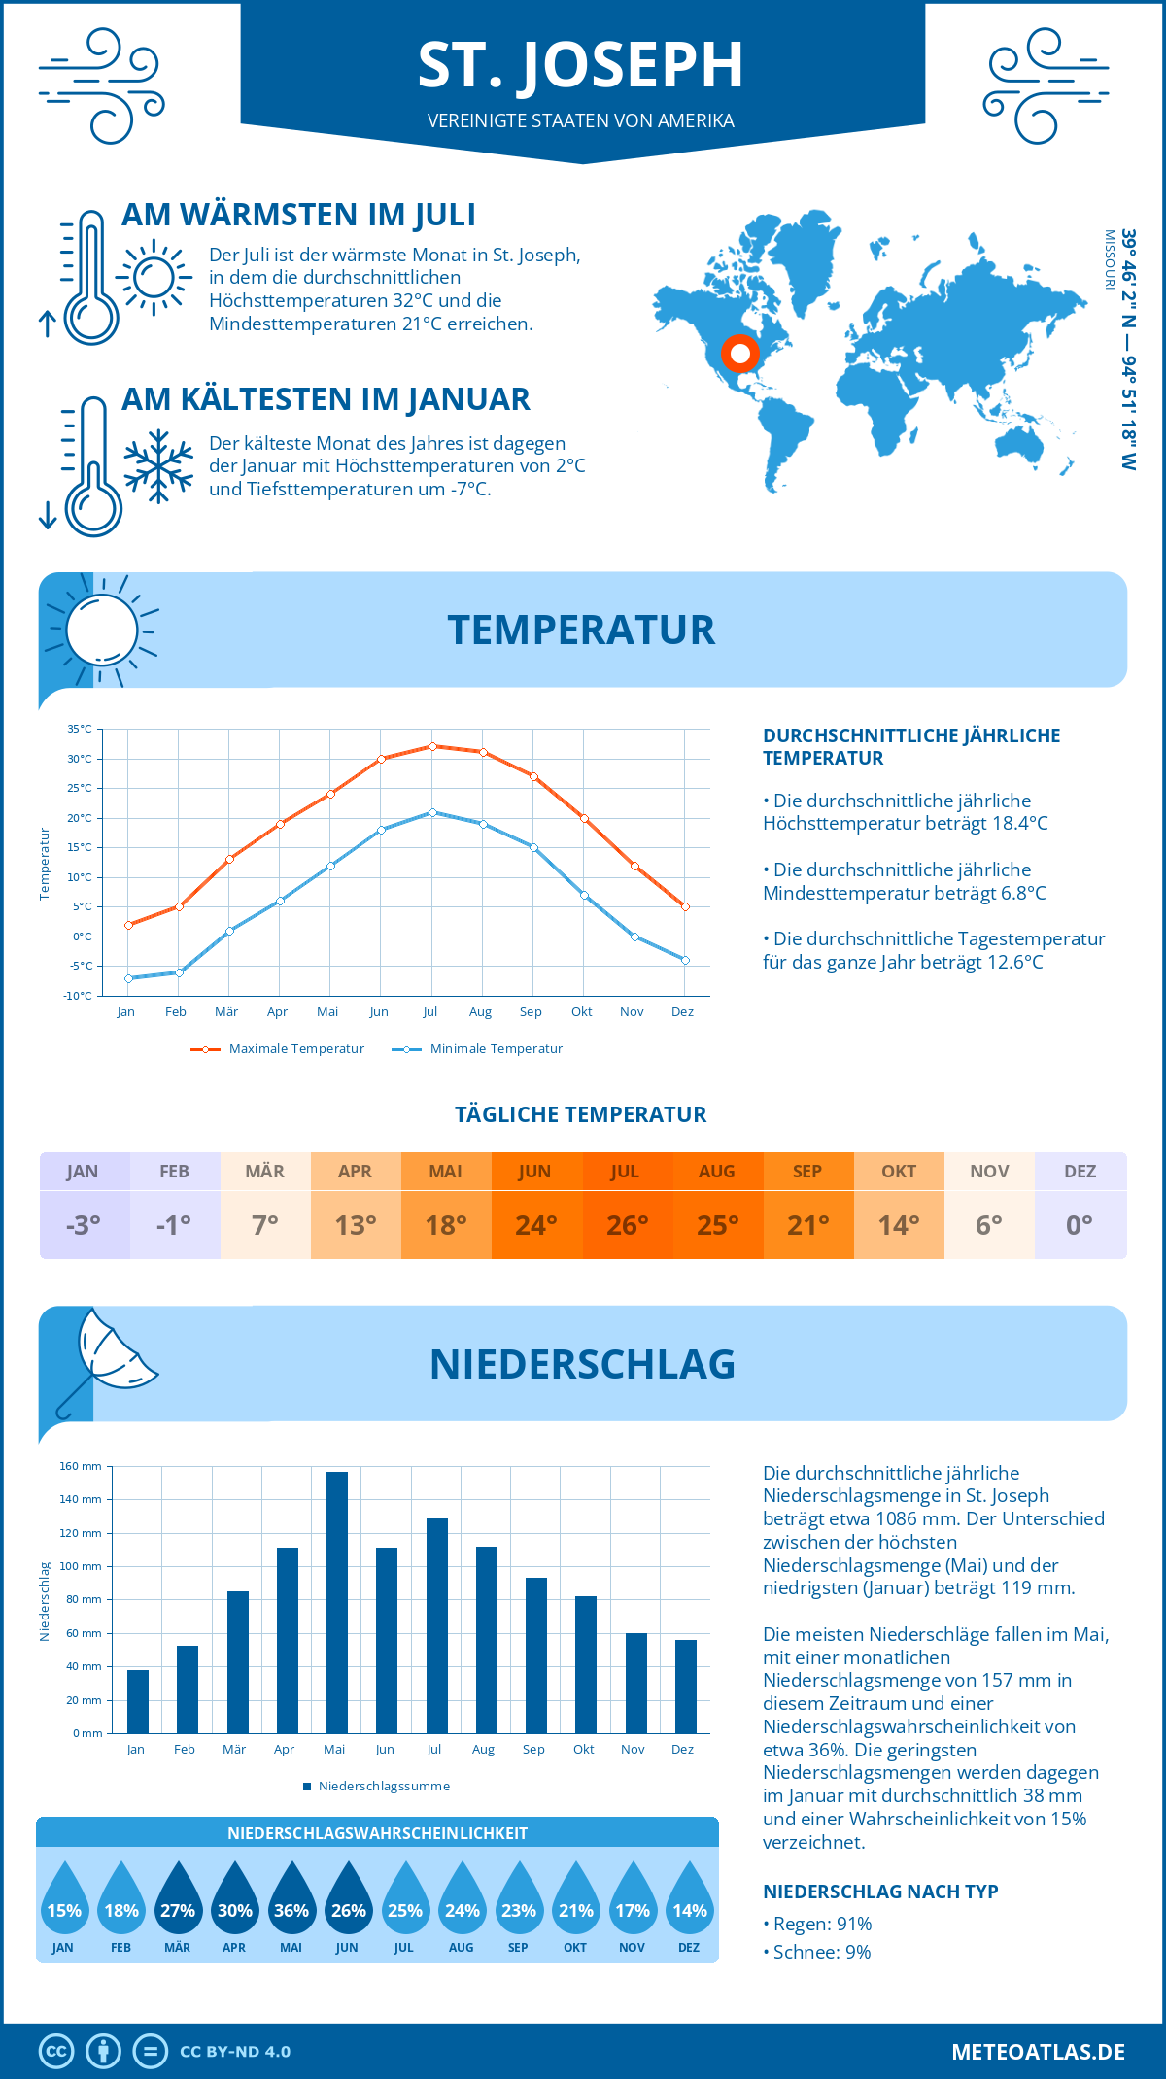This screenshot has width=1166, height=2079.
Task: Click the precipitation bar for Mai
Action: click(x=336, y=1603)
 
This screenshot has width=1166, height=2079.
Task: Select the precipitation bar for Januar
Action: click(x=138, y=1701)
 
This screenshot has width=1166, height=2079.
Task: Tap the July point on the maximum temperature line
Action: click(x=432, y=746)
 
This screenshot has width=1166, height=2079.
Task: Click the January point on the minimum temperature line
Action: click(x=128, y=978)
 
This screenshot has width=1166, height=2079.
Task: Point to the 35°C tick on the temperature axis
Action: click(x=80, y=729)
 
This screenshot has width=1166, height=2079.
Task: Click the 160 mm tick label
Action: click(x=81, y=1466)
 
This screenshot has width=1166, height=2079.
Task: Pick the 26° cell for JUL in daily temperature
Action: click(x=627, y=1225)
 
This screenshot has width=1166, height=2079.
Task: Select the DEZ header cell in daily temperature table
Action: click(x=1080, y=1172)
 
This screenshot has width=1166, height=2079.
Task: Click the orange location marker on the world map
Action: click(x=739, y=354)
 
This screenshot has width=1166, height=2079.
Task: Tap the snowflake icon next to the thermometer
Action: click(x=158, y=465)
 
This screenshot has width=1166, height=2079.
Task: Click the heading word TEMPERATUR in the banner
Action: click(x=581, y=631)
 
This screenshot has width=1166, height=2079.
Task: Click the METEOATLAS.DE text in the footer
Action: click(x=1038, y=2052)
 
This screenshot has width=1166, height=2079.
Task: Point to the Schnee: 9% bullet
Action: click(x=817, y=1953)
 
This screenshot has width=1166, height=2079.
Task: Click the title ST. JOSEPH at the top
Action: click(x=581, y=65)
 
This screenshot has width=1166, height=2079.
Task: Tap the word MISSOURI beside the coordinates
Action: click(x=1109, y=259)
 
